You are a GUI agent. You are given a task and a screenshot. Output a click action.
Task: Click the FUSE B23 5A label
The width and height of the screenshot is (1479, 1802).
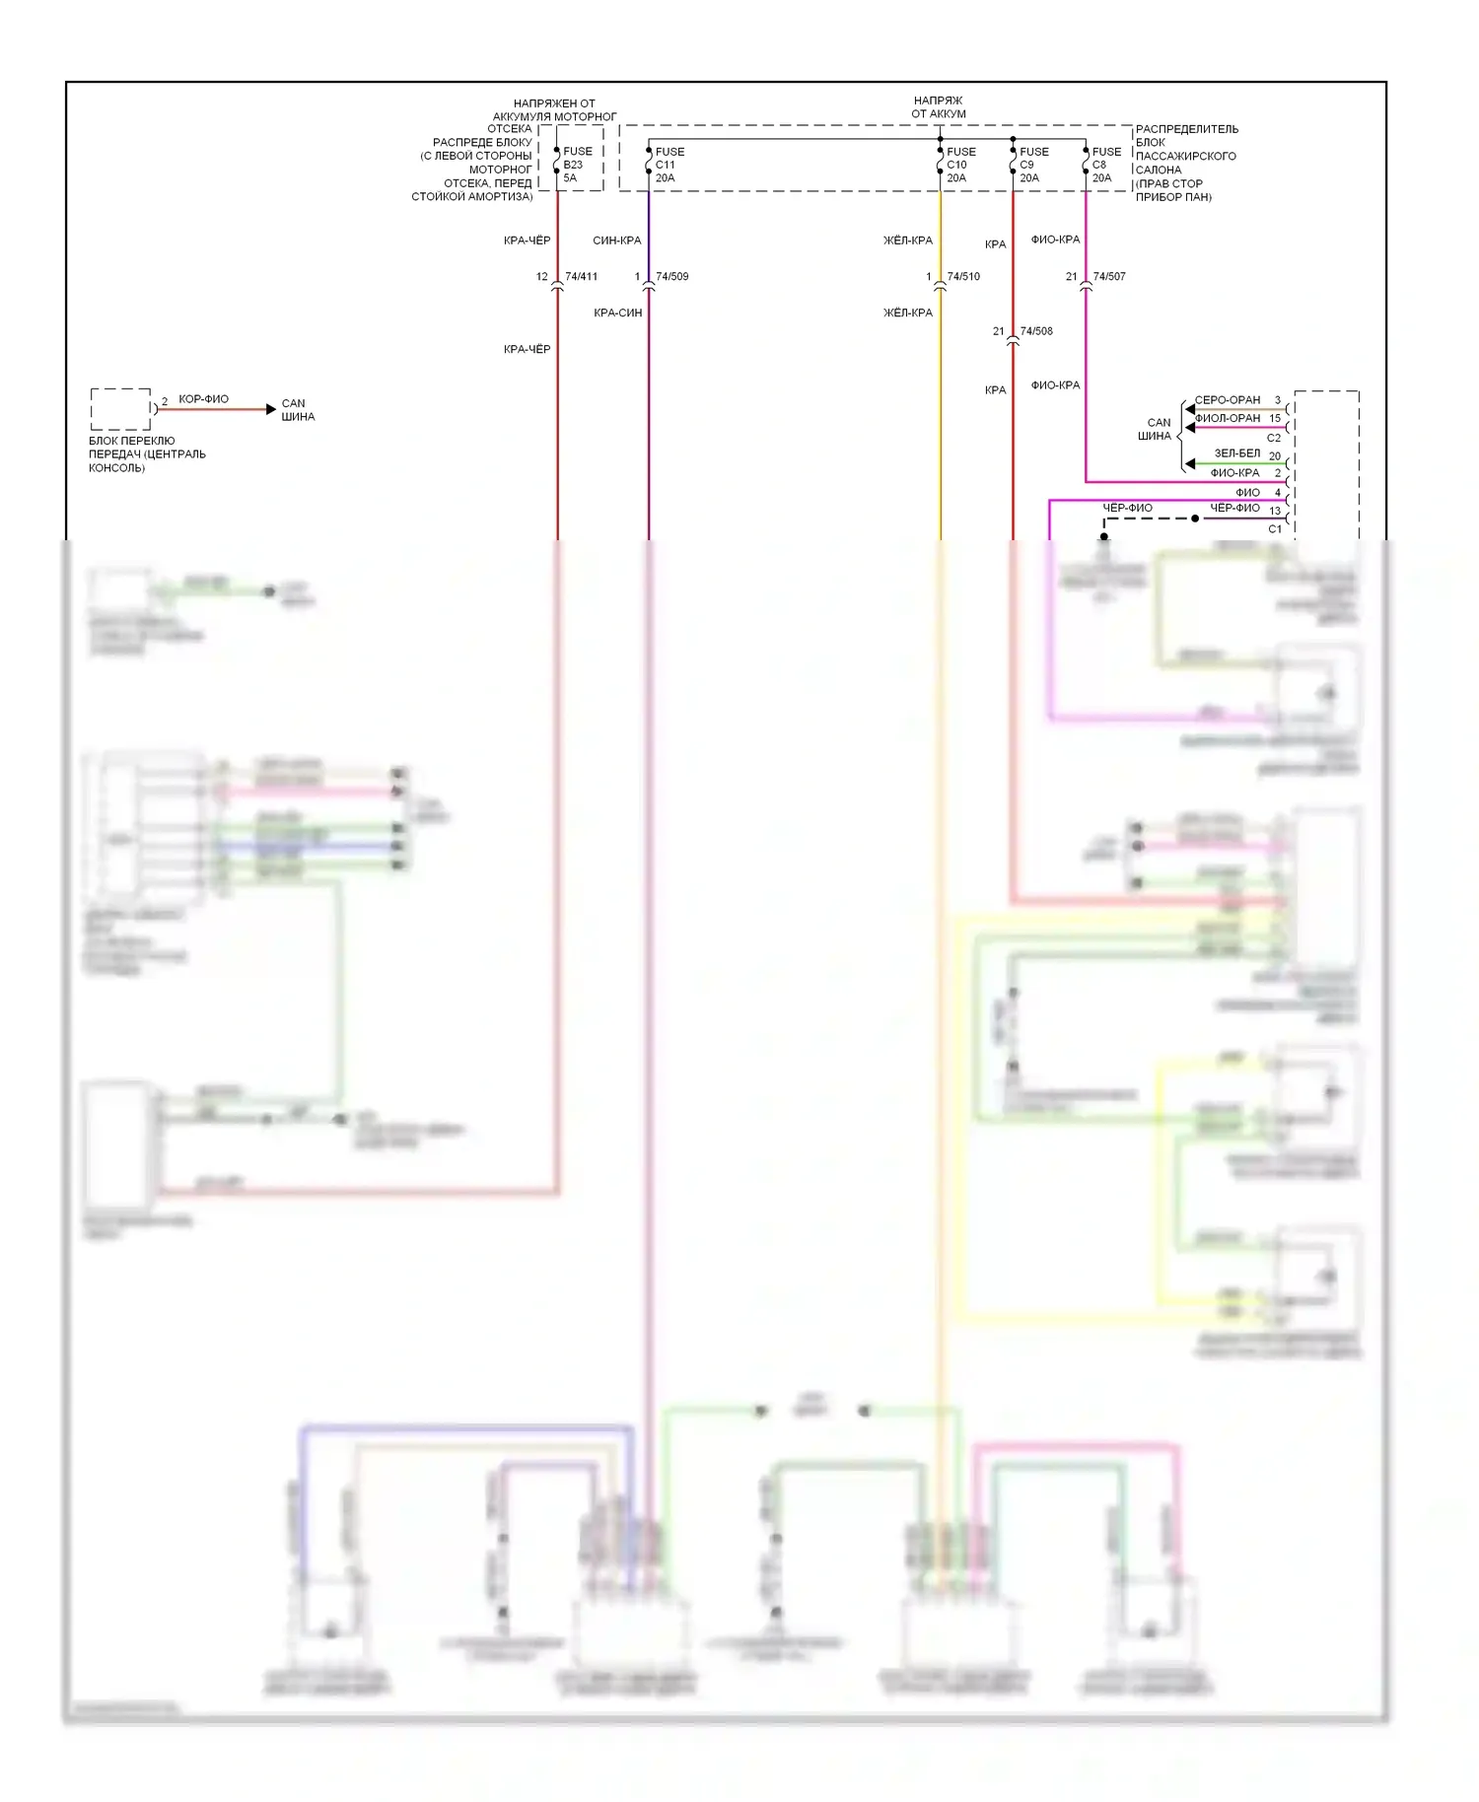click(577, 165)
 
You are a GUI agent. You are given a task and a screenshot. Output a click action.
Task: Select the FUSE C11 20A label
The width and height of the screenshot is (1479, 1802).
click(669, 165)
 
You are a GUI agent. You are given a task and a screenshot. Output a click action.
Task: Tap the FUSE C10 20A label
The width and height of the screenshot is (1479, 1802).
click(960, 165)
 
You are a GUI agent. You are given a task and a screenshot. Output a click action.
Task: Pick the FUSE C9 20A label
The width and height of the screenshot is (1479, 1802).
click(1033, 165)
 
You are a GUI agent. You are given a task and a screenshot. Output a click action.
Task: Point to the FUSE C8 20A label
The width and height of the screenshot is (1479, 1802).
click(1105, 165)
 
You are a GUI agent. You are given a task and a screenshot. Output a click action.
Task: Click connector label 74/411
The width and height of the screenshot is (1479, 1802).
click(581, 277)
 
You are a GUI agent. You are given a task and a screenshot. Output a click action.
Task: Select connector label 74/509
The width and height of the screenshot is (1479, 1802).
click(671, 277)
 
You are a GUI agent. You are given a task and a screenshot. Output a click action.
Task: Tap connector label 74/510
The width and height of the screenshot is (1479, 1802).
click(963, 277)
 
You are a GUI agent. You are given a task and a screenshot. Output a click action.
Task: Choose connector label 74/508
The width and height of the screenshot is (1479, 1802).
click(1036, 331)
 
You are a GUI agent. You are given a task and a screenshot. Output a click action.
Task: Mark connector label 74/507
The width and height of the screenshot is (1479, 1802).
click(1109, 277)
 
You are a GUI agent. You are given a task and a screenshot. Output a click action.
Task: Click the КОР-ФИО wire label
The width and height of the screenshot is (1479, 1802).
click(203, 399)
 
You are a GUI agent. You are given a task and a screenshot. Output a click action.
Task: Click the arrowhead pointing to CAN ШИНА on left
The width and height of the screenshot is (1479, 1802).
click(271, 409)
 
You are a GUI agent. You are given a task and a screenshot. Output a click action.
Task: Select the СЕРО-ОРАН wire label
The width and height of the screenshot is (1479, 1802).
click(1227, 400)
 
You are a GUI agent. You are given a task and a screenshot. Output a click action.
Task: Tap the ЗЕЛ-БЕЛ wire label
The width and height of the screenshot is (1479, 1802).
click(1236, 453)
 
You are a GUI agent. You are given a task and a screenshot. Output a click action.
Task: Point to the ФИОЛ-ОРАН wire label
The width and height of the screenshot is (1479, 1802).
click(1227, 418)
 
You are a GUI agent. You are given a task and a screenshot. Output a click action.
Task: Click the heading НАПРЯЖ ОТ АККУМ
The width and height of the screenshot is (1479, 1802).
click(938, 107)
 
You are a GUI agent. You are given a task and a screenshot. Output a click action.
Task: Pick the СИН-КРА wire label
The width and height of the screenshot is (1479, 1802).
click(616, 241)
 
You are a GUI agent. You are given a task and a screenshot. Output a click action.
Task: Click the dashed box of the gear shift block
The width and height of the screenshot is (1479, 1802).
click(120, 409)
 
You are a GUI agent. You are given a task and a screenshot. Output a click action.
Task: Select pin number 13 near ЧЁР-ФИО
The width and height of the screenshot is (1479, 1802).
click(1275, 511)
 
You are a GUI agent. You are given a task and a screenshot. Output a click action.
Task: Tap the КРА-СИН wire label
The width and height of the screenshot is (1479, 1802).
click(617, 312)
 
